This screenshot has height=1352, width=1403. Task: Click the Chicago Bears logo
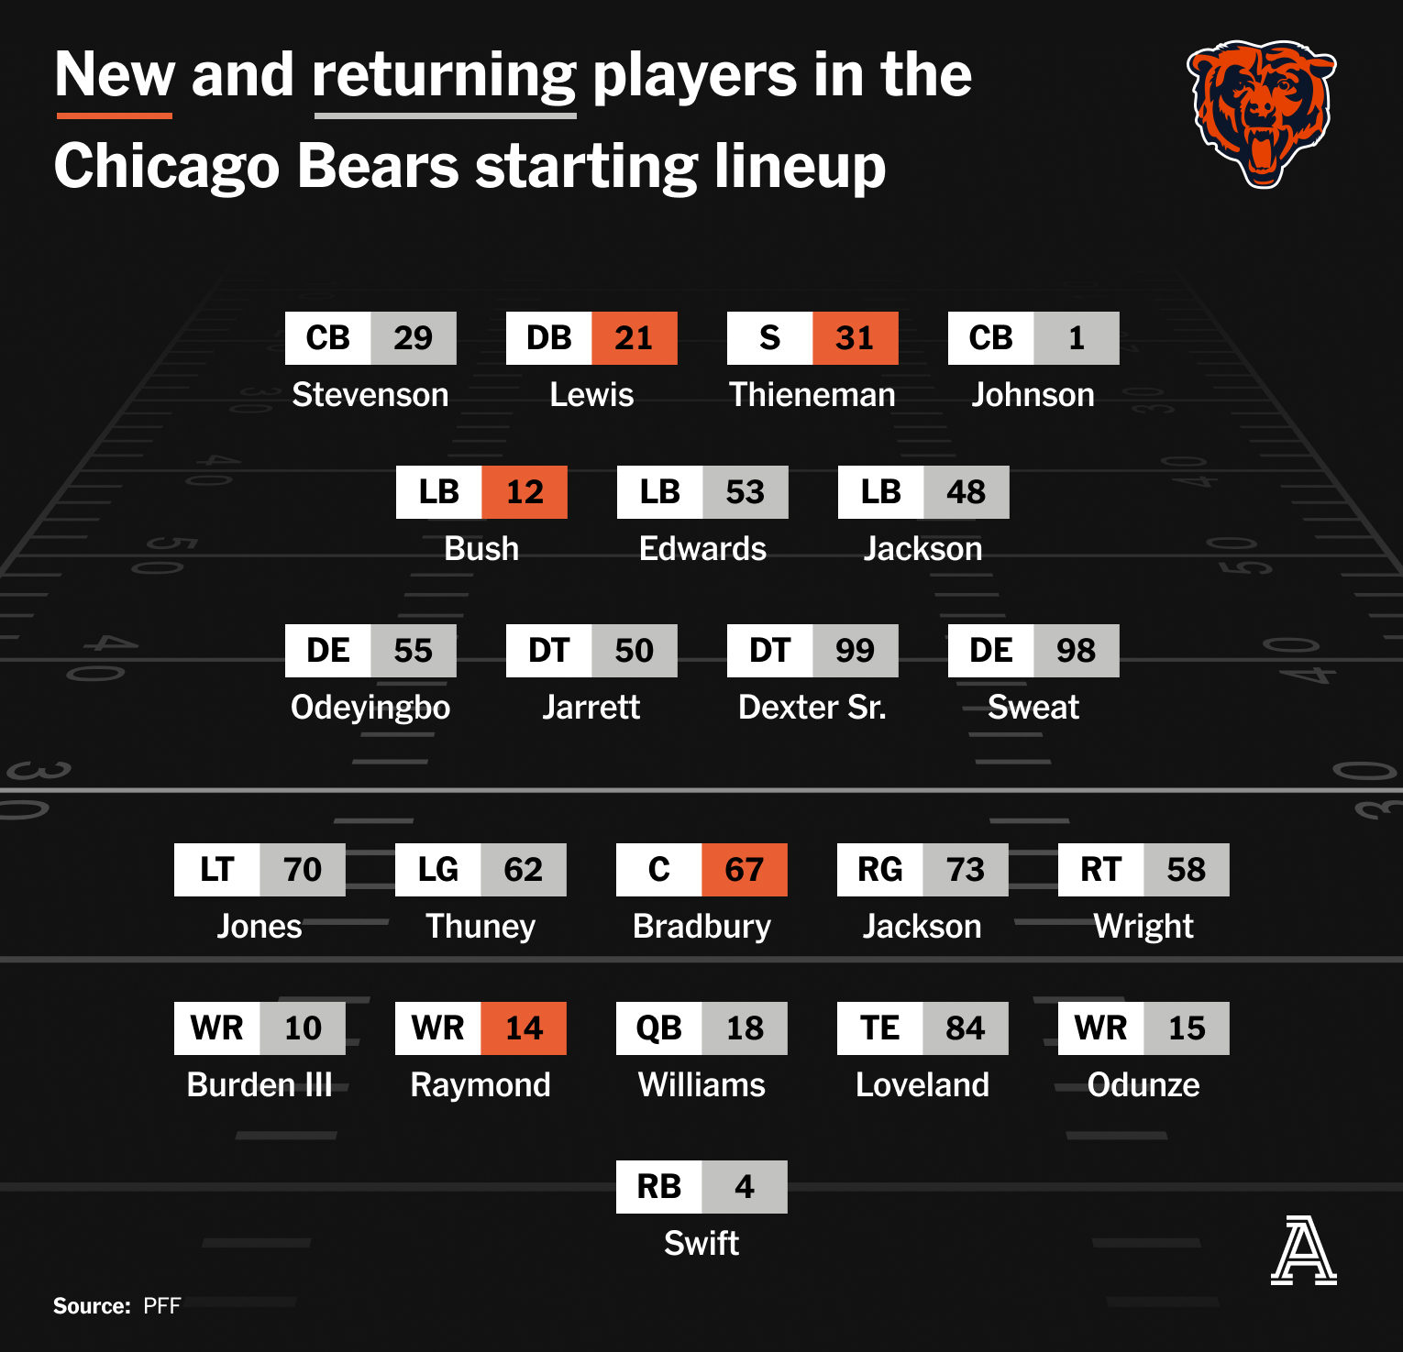(1262, 114)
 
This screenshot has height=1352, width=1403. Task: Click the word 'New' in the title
(115, 74)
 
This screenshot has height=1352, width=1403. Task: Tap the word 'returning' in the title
(445, 76)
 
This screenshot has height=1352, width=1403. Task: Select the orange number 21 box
(635, 338)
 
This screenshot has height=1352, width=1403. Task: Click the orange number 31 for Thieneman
(856, 338)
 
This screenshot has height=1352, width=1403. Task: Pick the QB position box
(659, 1028)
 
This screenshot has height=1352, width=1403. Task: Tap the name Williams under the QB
(701, 1084)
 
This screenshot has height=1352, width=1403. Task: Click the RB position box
(659, 1187)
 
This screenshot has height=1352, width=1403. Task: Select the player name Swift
(701, 1243)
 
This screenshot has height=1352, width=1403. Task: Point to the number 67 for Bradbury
(745, 870)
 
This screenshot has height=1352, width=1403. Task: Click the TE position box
(880, 1028)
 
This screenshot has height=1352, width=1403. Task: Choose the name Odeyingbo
(370, 708)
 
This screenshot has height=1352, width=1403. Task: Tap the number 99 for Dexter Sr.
(856, 651)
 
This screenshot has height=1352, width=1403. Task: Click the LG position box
(438, 870)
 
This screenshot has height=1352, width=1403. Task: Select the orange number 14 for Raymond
(524, 1028)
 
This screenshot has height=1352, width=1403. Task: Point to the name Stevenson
(370, 394)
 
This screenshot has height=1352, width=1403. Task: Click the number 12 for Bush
(525, 492)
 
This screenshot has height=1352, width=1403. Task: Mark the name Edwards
(702, 548)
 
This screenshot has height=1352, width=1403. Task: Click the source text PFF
(162, 1306)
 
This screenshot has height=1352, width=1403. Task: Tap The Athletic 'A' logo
(1303, 1250)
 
